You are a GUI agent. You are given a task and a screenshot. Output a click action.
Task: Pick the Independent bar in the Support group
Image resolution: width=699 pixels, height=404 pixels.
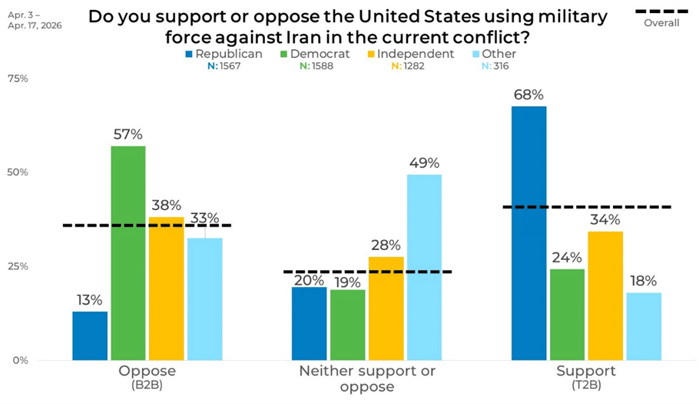point(605,295)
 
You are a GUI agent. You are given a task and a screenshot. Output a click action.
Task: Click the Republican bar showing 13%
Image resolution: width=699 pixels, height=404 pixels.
point(90,336)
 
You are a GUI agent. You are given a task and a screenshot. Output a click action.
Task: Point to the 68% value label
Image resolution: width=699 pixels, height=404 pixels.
point(529,95)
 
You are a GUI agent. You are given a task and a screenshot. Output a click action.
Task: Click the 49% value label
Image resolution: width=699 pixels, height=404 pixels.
point(424,163)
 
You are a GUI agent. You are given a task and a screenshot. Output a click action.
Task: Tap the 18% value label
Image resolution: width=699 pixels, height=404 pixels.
point(644,282)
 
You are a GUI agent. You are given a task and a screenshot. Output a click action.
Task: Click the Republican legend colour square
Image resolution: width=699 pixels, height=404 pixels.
point(189,55)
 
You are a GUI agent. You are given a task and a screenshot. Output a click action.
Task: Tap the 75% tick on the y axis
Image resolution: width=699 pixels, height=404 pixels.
point(18,78)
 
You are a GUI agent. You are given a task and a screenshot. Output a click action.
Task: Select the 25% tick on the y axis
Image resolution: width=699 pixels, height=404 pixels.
point(18,266)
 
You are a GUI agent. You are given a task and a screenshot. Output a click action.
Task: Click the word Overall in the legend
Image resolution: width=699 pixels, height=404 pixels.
point(661,23)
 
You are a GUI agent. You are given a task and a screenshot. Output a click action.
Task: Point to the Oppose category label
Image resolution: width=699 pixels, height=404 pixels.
point(147,372)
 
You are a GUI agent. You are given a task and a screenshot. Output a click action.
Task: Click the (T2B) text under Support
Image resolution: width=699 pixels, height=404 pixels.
point(586,384)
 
